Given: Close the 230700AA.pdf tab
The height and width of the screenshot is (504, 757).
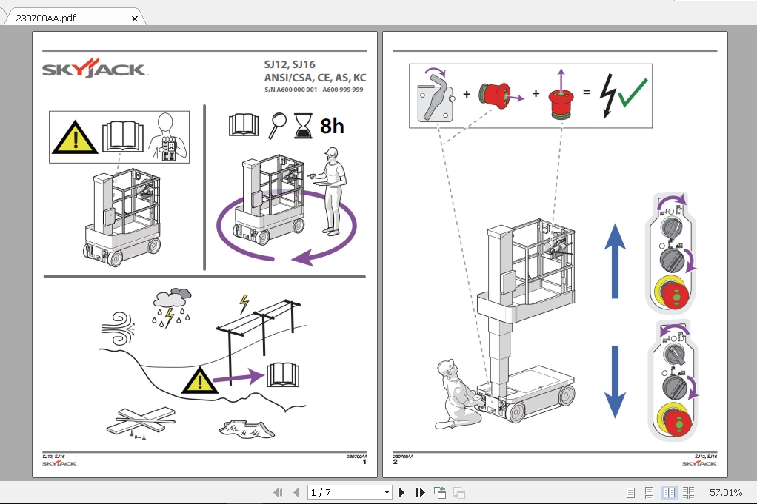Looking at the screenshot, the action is click(x=135, y=19).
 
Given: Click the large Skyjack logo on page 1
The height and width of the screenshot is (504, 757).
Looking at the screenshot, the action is click(x=95, y=69).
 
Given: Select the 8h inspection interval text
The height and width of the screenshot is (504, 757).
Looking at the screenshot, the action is click(x=332, y=127).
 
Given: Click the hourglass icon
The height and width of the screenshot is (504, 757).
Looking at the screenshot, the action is click(x=303, y=126).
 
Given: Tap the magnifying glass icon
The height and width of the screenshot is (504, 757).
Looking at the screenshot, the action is click(x=277, y=125).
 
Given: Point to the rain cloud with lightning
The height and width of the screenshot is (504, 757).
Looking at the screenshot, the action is click(x=172, y=307).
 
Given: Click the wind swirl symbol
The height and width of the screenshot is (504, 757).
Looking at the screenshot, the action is click(x=119, y=329).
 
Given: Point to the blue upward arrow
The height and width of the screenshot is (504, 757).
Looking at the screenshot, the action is click(x=615, y=261).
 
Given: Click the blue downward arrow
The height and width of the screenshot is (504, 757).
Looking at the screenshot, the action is click(x=615, y=382).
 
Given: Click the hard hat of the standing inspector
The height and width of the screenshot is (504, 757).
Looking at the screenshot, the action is click(x=332, y=152).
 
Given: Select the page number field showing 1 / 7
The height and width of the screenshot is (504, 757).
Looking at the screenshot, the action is click(x=350, y=492).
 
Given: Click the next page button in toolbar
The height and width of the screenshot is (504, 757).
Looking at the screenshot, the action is click(x=401, y=492).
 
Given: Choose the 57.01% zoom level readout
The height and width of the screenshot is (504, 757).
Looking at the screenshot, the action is click(x=726, y=492).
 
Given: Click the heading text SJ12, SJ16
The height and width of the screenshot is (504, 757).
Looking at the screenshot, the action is click(x=289, y=64).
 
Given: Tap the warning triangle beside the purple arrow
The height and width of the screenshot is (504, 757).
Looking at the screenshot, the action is click(x=199, y=380).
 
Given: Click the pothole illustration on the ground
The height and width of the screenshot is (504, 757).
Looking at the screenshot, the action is click(x=247, y=429).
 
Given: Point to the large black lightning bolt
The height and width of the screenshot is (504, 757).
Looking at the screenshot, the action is click(x=607, y=95).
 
